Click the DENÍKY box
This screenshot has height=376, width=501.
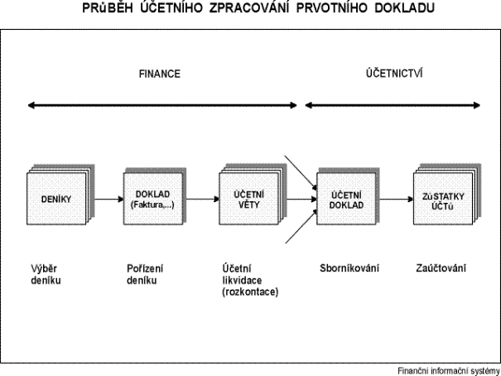tap(56, 199)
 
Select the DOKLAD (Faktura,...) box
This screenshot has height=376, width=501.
tap(153, 199)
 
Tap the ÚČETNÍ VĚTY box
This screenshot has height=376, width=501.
tap(248, 199)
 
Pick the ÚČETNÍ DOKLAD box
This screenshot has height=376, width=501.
tap(346, 199)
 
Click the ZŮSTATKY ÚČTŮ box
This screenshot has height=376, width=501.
tap(443, 199)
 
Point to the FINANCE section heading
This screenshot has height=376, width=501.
tap(160, 74)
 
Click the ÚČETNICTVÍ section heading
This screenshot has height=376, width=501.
tap(394, 73)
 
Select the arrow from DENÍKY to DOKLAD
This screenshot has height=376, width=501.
tap(109, 200)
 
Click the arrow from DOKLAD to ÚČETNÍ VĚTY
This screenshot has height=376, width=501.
tap(203, 200)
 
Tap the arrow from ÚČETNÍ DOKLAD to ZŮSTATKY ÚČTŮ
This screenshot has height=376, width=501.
tap(397, 200)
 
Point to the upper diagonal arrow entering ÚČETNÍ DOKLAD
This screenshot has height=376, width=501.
tap(301, 172)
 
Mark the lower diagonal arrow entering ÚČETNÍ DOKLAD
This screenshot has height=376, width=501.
tap(301, 226)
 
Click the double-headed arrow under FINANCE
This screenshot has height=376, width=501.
tap(162, 105)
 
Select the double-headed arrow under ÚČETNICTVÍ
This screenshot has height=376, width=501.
tap(393, 105)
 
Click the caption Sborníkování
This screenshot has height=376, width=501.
tap(349, 268)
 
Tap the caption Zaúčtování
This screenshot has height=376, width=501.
tap(441, 268)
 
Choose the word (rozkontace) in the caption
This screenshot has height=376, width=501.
tap(250, 292)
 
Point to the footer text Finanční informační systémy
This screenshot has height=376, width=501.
tap(449, 371)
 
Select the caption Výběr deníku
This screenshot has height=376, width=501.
tap(46, 274)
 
